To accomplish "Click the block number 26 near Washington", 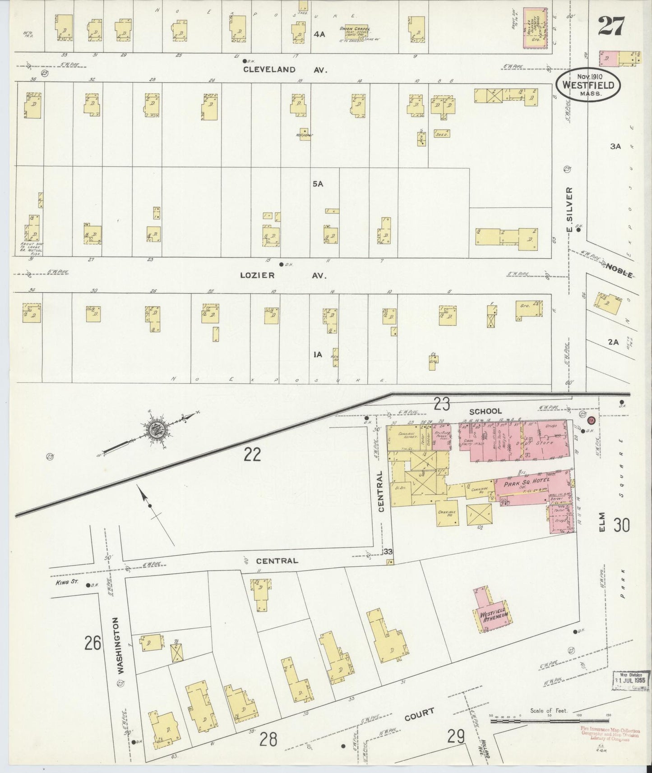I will [x=92, y=643].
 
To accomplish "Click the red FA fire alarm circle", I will [x=592, y=420].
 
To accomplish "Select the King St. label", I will [x=69, y=582].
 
